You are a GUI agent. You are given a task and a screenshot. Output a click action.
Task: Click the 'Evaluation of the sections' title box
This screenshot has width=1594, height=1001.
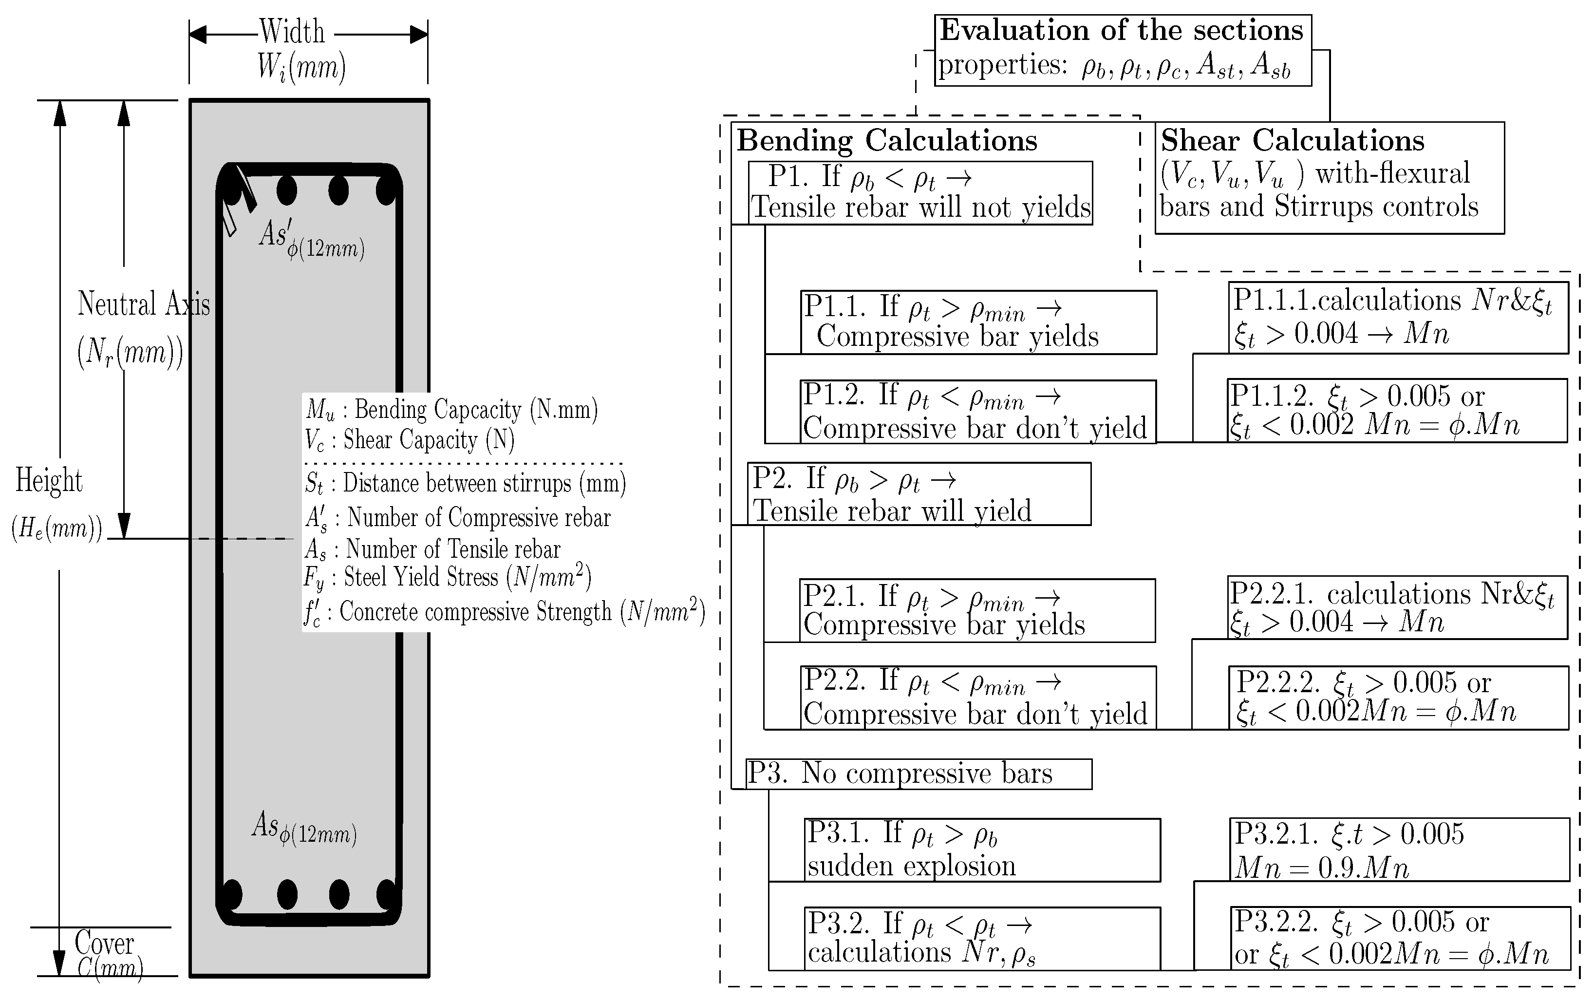[1122, 50]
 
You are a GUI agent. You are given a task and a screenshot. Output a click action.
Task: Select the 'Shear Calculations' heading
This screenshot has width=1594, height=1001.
[1292, 141]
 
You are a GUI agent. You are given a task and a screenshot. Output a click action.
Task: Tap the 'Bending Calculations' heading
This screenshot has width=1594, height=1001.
[887, 141]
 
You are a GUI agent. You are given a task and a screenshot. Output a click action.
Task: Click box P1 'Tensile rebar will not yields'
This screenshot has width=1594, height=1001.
[920, 193]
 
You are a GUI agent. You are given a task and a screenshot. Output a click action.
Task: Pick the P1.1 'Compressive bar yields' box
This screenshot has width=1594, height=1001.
[978, 322]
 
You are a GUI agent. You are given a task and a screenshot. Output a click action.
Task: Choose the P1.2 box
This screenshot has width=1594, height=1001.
[978, 411]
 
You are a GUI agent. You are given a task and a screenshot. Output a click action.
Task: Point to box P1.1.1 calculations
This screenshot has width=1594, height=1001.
[1398, 318]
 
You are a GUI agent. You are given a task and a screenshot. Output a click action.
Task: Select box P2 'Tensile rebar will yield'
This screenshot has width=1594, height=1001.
[919, 494]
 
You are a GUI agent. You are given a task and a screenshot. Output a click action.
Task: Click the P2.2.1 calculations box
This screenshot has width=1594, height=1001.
[1397, 607]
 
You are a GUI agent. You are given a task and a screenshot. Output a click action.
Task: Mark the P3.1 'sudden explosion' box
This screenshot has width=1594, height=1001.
[982, 850]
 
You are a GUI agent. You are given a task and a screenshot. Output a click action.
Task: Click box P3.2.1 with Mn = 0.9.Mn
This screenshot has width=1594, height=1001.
[1401, 850]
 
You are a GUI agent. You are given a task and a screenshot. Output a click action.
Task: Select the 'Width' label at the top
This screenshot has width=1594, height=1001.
[292, 32]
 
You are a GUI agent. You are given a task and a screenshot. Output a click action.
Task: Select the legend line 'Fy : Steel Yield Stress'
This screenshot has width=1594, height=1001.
[447, 577]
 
